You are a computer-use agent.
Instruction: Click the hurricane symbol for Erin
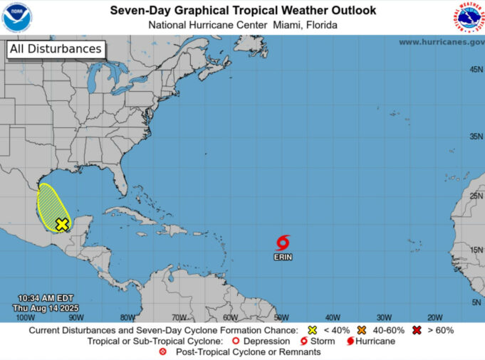tap(283, 242)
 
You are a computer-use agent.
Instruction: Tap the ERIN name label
tap(283, 256)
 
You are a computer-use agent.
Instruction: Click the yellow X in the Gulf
tap(62, 224)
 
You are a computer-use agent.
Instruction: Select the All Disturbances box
tap(55, 49)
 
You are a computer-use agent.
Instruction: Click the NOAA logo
tap(17, 17)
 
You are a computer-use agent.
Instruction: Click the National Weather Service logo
tap(467, 17)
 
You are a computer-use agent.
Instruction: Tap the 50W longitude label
tap(281, 317)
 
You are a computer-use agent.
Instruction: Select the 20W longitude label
tap(434, 317)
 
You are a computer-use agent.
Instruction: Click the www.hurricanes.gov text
tap(441, 42)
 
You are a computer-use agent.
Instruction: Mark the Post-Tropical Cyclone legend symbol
tap(164, 351)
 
